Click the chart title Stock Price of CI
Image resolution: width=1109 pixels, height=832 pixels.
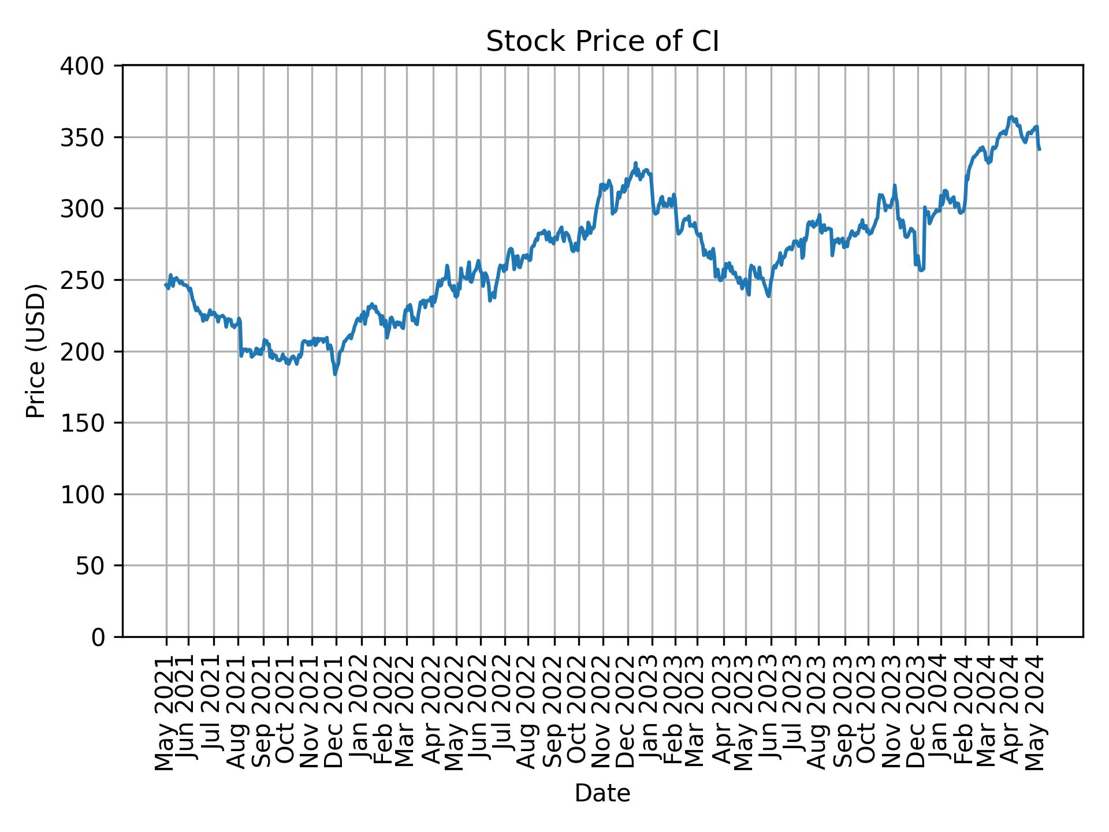[602, 42]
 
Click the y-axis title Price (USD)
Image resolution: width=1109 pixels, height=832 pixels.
[36, 351]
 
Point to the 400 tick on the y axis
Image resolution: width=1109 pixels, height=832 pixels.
[90, 66]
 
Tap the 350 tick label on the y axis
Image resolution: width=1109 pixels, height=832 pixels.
[90, 138]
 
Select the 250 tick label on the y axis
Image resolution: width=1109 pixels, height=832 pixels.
[90, 280]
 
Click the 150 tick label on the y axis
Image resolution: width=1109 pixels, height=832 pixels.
[90, 423]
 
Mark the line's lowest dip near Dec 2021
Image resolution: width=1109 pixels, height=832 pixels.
[335, 374]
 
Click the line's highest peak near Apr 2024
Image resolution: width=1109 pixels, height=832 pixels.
[1010, 117]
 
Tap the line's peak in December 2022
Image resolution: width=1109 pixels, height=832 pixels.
[635, 163]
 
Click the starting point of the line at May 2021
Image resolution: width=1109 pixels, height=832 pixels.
[166, 284]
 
